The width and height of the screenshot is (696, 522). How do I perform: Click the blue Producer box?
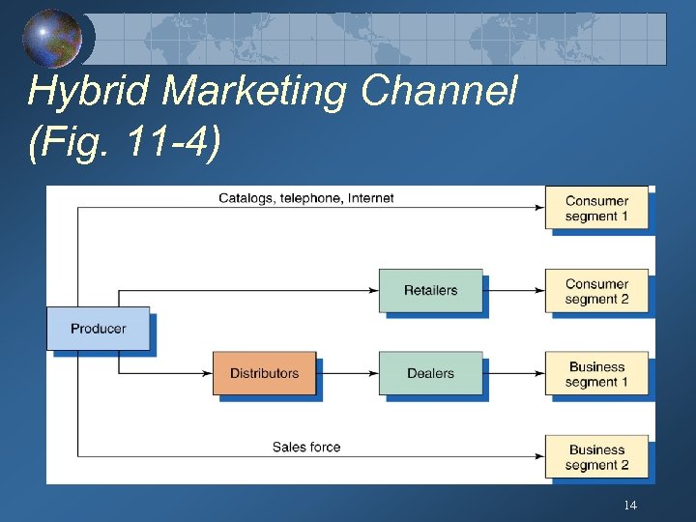pyautogui.click(x=99, y=329)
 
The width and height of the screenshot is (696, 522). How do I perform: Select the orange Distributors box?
pyautogui.click(x=264, y=373)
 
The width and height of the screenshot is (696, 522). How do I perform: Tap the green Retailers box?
pyautogui.click(x=430, y=290)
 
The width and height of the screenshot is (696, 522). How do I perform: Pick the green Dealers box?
pyautogui.click(x=430, y=373)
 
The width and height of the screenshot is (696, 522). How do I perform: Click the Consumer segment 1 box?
pyautogui.click(x=596, y=208)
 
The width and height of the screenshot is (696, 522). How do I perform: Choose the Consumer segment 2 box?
pyautogui.click(x=596, y=291)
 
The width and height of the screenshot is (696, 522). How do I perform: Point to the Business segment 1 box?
pyautogui.click(x=596, y=374)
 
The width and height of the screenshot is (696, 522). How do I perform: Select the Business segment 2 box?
pyautogui.click(x=596, y=457)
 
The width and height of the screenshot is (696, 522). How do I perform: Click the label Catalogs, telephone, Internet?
pyautogui.click(x=306, y=198)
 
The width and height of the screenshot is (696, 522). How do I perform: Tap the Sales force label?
pyautogui.click(x=306, y=447)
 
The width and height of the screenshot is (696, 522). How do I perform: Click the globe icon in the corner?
pyautogui.click(x=52, y=39)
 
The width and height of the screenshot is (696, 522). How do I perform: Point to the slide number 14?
pyautogui.click(x=630, y=506)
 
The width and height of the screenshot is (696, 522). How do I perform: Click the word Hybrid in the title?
pyautogui.click(x=91, y=93)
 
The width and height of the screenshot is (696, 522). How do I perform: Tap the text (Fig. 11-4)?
pyautogui.click(x=125, y=142)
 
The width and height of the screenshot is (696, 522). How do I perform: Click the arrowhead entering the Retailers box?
pyautogui.click(x=373, y=290)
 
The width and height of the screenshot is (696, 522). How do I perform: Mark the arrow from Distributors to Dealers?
pyautogui.click(x=347, y=373)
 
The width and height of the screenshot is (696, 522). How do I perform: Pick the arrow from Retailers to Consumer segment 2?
pyautogui.click(x=513, y=290)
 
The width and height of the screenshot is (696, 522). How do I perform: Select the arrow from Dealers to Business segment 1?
pyautogui.click(x=513, y=373)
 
